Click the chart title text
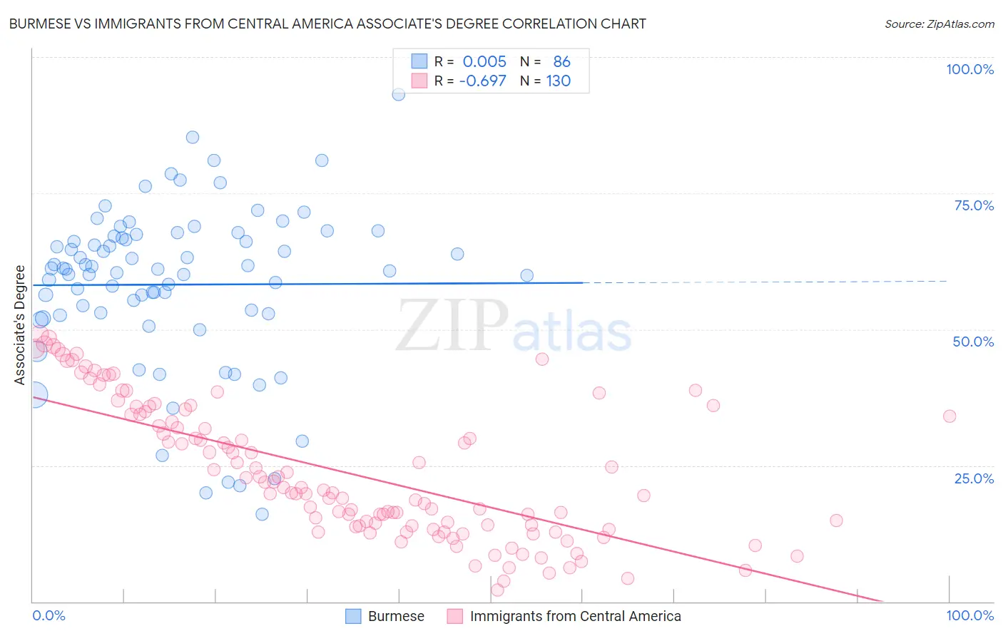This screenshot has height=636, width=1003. (327, 24)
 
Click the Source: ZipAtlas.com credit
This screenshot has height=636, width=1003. (939, 24)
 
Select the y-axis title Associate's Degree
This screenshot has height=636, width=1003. (19, 325)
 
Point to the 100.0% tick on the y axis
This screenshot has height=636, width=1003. (969, 69)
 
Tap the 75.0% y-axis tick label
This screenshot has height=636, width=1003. (974, 205)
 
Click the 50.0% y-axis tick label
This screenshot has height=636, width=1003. (973, 342)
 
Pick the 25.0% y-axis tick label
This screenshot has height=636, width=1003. (974, 478)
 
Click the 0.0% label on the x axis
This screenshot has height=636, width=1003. (49, 615)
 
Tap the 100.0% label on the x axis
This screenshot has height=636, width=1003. (969, 615)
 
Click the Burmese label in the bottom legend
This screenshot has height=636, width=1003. (396, 616)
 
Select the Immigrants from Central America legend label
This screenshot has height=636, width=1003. (575, 616)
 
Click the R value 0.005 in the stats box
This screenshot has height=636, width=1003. (484, 62)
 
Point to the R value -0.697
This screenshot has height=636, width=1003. (482, 81)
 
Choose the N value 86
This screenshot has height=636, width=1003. (561, 62)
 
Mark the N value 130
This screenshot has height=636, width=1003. (559, 81)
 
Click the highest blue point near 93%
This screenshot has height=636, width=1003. (399, 94)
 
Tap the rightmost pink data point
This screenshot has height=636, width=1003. (949, 416)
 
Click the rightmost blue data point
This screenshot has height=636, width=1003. (527, 275)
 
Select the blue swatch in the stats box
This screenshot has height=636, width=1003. (419, 61)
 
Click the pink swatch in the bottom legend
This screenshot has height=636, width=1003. (455, 616)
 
